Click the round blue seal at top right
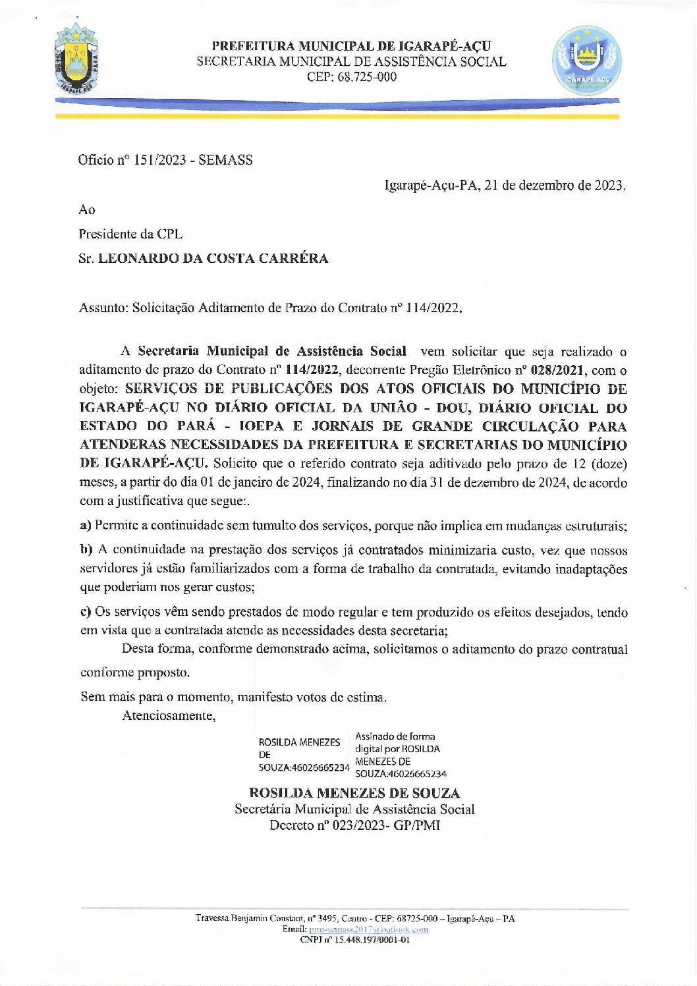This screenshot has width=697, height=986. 586,61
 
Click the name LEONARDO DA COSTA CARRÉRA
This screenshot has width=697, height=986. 213,258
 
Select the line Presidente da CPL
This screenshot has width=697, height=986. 130,234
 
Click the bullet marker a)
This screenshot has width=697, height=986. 85,526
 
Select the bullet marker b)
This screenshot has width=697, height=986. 86,550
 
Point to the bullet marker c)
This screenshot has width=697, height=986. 85,612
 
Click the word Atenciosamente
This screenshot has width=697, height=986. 169,715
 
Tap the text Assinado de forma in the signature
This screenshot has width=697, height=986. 395,736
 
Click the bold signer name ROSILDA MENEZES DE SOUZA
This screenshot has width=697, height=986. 354,793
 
